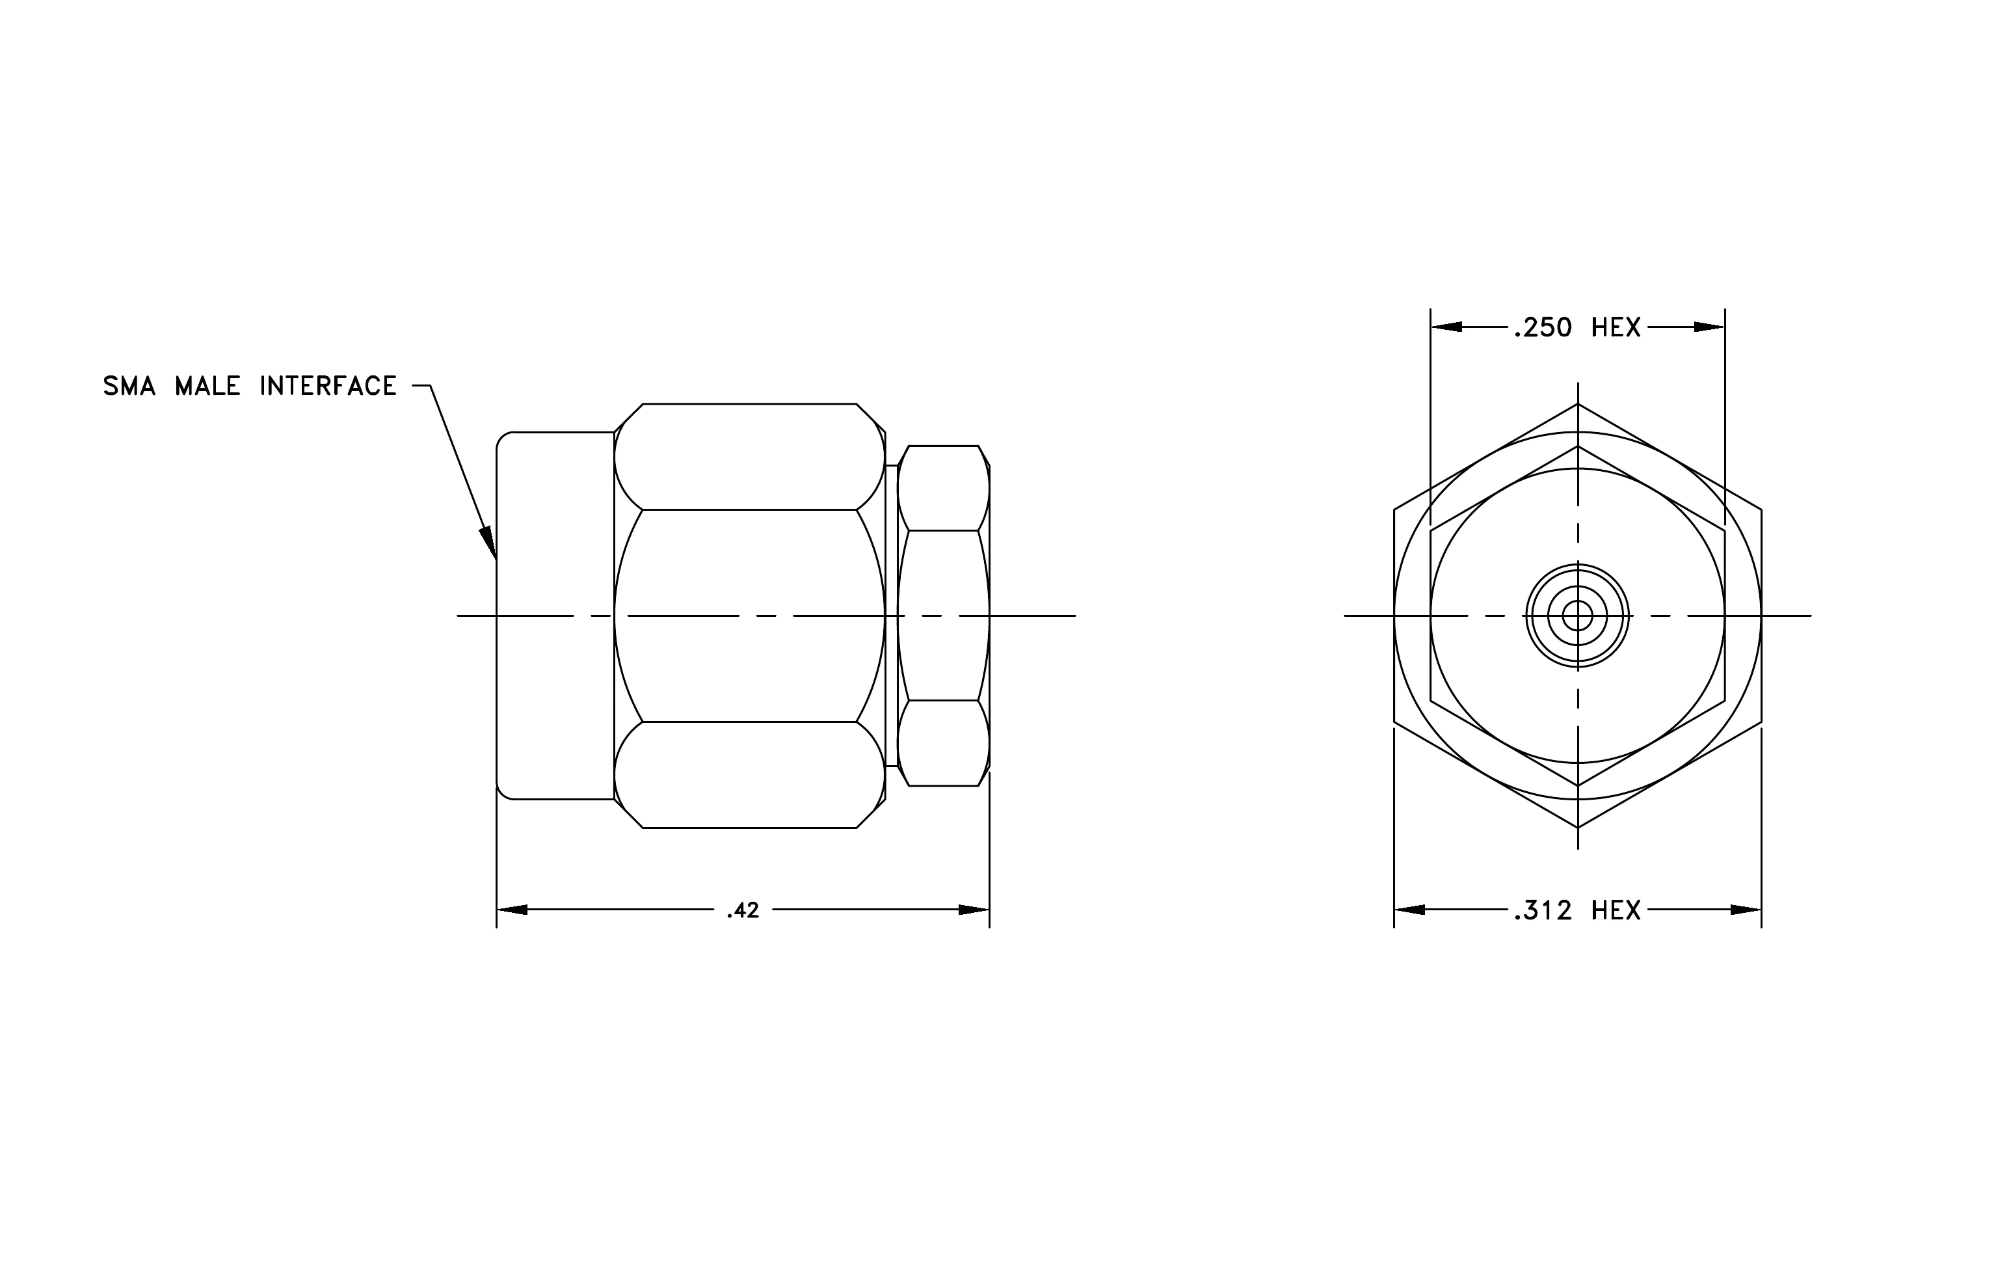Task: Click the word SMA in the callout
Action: [129, 386]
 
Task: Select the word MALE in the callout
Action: [207, 386]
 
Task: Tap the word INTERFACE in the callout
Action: [328, 386]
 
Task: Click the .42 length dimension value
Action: [743, 910]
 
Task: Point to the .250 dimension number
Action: [1543, 329]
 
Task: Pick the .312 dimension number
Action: [1543, 911]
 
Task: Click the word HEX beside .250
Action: [1616, 329]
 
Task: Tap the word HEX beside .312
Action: [1616, 911]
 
